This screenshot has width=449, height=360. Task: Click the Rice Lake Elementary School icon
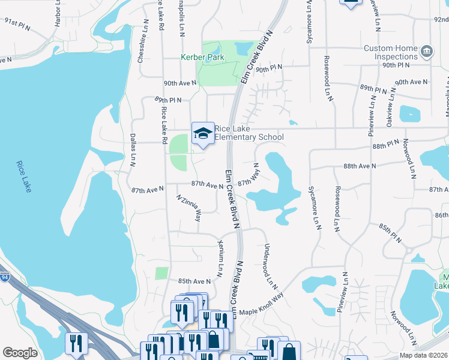pyautogui.click(x=203, y=133)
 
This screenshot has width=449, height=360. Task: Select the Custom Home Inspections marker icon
pyautogui.click(x=427, y=52)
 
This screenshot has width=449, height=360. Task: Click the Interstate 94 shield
pyautogui.click(x=5, y=277)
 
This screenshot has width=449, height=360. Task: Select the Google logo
pyautogui.click(x=20, y=353)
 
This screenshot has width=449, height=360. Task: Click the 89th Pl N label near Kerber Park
pyautogui.click(x=167, y=99)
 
